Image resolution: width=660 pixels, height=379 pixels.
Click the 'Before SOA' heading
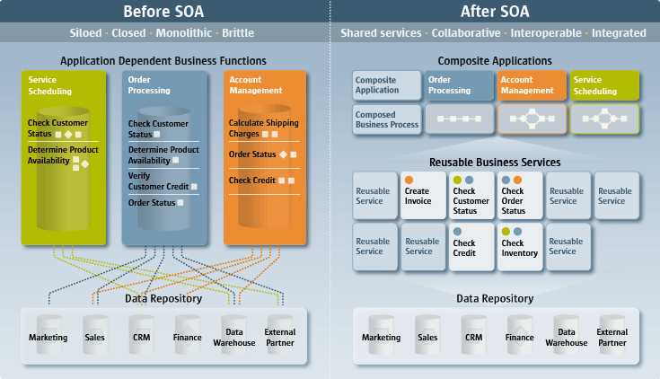pyautogui.click(x=163, y=12)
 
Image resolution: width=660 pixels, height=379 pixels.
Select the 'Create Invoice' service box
pyautogui.click(x=421, y=195)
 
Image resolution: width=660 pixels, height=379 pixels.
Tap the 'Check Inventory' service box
pyautogui.click(x=518, y=246)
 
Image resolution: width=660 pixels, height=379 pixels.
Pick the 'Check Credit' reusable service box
pyautogui.click(x=470, y=246)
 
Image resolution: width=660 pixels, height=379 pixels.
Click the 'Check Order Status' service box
pyautogui.click(x=518, y=195)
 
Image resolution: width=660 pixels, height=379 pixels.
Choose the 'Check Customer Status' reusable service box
pyautogui.click(x=470, y=195)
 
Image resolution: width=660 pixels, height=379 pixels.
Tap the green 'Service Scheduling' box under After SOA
pyautogui.click(x=604, y=85)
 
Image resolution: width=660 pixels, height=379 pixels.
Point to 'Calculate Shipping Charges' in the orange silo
pyautogui.click(x=263, y=128)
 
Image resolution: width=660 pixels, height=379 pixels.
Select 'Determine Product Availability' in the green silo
pyautogui.click(x=63, y=154)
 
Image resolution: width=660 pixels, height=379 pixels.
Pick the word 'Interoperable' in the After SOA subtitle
pyautogui.click(x=547, y=33)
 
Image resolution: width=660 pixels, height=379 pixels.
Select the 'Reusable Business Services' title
pyautogui.click(x=496, y=162)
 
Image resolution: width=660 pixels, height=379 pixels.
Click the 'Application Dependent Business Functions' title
pyautogui.click(x=163, y=61)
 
